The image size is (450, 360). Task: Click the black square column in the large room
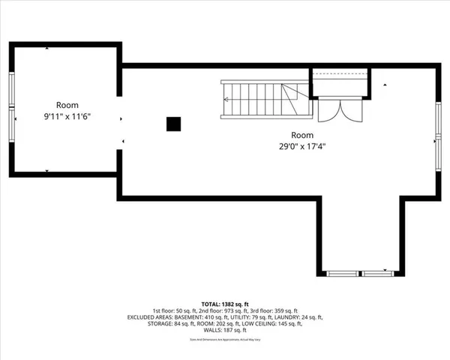point(173,124)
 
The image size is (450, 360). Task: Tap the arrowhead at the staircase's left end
point(225,99)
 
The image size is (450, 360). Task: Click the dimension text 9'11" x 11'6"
point(67,116)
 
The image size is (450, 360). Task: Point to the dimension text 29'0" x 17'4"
point(303,146)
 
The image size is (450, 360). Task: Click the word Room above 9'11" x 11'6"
point(67,106)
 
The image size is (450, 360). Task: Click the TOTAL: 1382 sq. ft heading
point(225,303)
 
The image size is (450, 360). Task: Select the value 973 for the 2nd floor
point(229,310)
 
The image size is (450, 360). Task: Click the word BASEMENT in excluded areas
point(192,317)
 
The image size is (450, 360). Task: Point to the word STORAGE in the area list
point(163,324)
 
